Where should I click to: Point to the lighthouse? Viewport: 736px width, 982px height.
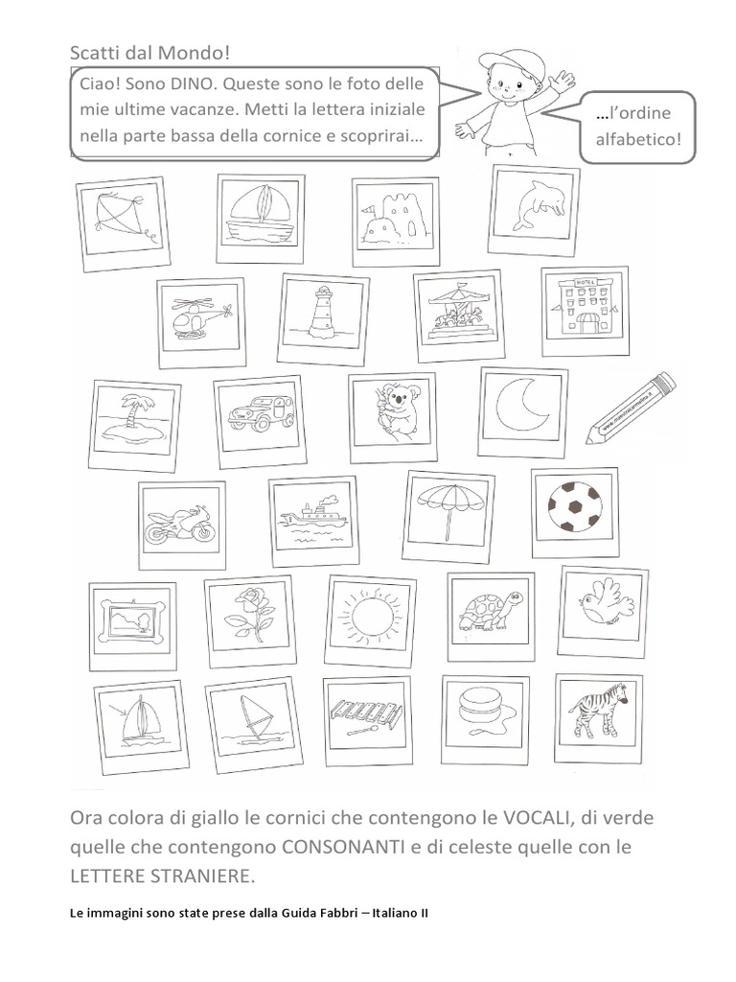pyautogui.click(x=324, y=310)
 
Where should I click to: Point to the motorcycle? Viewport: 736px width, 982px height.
pyautogui.click(x=179, y=524)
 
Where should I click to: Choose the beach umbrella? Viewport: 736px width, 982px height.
pyautogui.click(x=449, y=509)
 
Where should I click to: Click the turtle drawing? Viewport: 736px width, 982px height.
pyautogui.click(x=491, y=611)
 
